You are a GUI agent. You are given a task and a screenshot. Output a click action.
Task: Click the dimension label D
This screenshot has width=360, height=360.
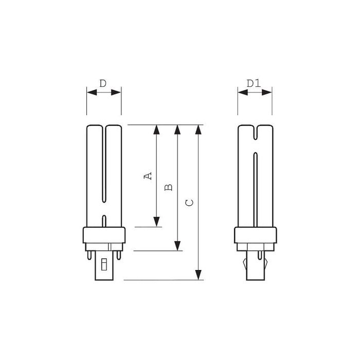tap(103, 83)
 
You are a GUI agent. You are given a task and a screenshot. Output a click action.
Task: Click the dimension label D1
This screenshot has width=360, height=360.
tap(254, 83)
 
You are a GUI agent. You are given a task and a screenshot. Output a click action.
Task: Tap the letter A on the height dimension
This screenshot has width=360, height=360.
tap(148, 176)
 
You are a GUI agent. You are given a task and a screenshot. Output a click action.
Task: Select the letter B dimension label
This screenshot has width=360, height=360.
tap(169, 187)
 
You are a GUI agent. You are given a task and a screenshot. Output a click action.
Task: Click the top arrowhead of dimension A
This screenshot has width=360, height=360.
tap(156, 130)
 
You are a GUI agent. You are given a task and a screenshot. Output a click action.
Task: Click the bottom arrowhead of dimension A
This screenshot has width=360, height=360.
tap(156, 222)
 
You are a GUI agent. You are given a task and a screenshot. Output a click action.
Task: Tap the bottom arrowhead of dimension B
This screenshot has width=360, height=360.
tap(177, 246)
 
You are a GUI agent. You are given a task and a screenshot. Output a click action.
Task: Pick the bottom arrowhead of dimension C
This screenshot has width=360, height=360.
tap(198, 275)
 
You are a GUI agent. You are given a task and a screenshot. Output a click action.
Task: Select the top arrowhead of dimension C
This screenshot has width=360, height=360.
tap(198, 130)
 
